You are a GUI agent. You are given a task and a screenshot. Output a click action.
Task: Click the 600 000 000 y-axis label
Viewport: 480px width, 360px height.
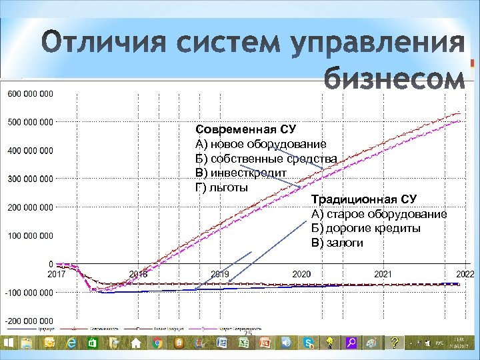coord(30,93)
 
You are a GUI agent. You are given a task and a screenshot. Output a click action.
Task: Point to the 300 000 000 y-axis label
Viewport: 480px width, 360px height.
coord(30,179)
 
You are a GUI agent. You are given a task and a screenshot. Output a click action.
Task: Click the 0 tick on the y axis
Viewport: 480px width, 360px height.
coord(51,264)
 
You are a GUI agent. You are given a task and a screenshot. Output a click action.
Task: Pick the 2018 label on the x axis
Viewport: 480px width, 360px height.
coord(138,274)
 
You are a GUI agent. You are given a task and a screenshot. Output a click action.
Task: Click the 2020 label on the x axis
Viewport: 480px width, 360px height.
coord(301,274)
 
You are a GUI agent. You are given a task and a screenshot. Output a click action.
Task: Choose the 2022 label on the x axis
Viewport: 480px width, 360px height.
coord(464,274)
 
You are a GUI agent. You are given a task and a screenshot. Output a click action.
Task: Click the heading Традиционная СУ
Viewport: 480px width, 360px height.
coord(363,199)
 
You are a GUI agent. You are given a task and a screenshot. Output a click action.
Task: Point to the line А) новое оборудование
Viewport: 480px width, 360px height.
coord(260,143)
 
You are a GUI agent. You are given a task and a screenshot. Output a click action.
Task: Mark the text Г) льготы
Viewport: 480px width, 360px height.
coord(221,187)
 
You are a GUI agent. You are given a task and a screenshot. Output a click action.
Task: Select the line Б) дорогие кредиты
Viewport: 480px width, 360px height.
coord(365,229)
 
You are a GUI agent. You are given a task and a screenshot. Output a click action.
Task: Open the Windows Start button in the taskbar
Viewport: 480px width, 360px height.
coord(9,343)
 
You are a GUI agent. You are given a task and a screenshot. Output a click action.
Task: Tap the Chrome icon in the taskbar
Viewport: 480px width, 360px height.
coord(157,343)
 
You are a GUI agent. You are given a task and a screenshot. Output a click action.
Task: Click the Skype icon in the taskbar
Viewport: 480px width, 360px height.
coord(308,343)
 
